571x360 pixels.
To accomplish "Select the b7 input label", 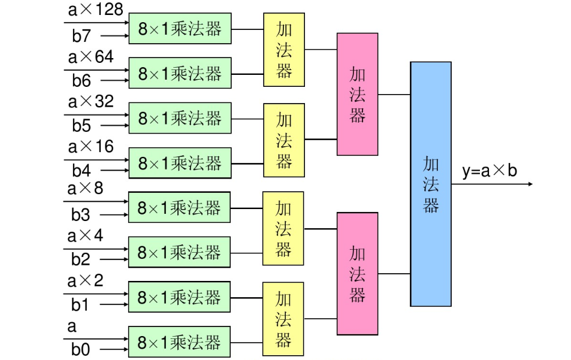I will click(x=82, y=36).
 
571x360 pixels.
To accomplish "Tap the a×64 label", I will click(x=90, y=57).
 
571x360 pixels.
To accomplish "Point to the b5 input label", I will click(x=82, y=125).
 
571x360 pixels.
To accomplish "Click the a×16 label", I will click(x=90, y=147).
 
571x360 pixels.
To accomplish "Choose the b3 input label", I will click(x=81, y=214).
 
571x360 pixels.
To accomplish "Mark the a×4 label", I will click(x=85, y=235).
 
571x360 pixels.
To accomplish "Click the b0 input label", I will click(x=81, y=349).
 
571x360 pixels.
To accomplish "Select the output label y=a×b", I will click(x=490, y=171).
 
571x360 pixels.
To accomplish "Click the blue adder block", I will click(x=430, y=184).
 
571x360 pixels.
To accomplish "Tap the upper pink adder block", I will click(x=357, y=94).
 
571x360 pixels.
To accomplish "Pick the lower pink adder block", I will click(x=357, y=274).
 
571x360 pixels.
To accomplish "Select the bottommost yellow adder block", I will click(x=283, y=319).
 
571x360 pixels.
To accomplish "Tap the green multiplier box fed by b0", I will click(x=179, y=342).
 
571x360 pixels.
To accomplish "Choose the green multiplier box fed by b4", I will click(x=180, y=163).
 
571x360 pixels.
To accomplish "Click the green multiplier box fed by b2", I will click(x=179, y=252).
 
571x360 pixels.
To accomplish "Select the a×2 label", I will click(x=85, y=280).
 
